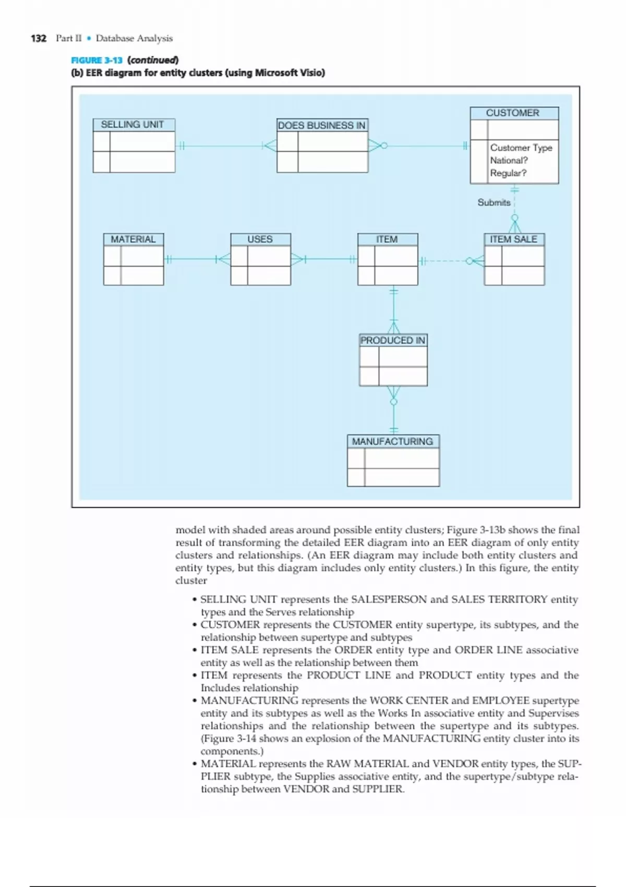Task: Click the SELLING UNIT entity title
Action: pyautogui.click(x=133, y=125)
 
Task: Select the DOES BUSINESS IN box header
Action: pyautogui.click(x=322, y=125)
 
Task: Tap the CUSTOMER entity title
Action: pyautogui.click(x=513, y=113)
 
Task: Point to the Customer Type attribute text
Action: pyautogui.click(x=521, y=148)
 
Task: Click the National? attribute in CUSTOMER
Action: pyautogui.click(x=509, y=160)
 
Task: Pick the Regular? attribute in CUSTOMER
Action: pyautogui.click(x=508, y=173)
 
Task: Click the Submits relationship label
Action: pyautogui.click(x=494, y=202)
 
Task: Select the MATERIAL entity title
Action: pyautogui.click(x=133, y=239)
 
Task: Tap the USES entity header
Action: pyautogui.click(x=260, y=239)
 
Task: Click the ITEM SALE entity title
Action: pyautogui.click(x=513, y=239)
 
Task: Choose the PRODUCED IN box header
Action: pyautogui.click(x=393, y=340)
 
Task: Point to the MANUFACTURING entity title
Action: pyautogui.click(x=392, y=441)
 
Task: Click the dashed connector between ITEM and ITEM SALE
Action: pyautogui.click(x=446, y=261)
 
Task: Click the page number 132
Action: pyautogui.click(x=39, y=38)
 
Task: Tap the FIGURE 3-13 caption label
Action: pyautogui.click(x=97, y=60)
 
